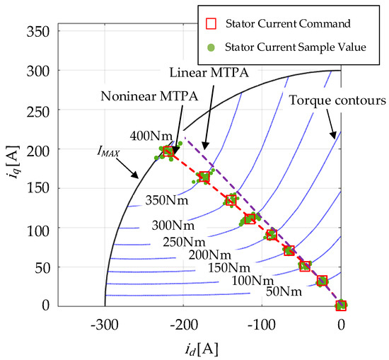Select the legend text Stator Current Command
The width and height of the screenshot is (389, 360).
tap(297, 23)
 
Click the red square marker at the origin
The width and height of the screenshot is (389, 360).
tap(341, 305)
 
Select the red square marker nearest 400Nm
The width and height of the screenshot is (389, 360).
tap(168, 151)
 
